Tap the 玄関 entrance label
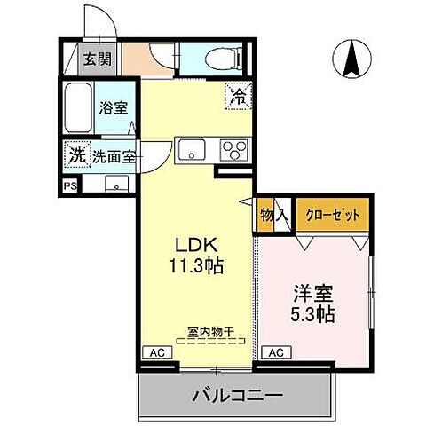click(98, 60)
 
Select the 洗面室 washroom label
click(115, 156)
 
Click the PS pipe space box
click(69, 185)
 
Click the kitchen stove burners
click(234, 149)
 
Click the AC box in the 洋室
click(275, 351)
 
